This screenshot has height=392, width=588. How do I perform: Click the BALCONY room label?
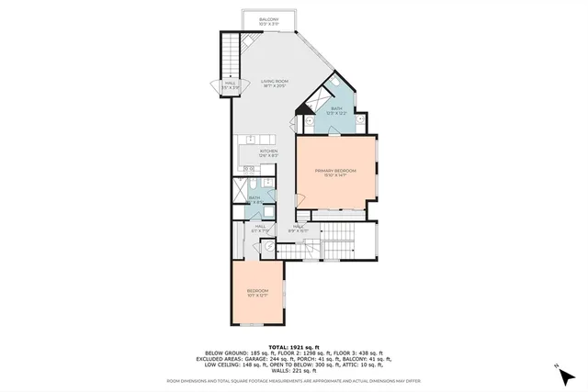pyautogui.click(x=268, y=19)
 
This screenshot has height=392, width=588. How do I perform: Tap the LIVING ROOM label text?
pyautogui.click(x=274, y=84)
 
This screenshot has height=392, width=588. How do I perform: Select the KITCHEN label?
pyautogui.click(x=268, y=153)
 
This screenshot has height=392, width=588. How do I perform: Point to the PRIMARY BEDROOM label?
pyautogui.click(x=335, y=173)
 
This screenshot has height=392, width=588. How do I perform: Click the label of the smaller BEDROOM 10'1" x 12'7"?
pyautogui.click(x=257, y=293)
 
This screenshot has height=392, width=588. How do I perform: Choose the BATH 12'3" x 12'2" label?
pyautogui.click(x=336, y=111)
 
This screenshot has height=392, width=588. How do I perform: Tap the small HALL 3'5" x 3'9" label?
pyautogui.click(x=230, y=85)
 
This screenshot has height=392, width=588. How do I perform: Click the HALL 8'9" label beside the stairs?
pyautogui.click(x=300, y=228)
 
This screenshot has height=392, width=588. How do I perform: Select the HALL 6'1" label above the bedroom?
pyautogui.click(x=261, y=228)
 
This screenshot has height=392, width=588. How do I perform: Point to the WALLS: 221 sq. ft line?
pyautogui.click(x=294, y=367)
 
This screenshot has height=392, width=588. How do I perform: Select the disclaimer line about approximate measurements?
pyautogui.click(x=294, y=379)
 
